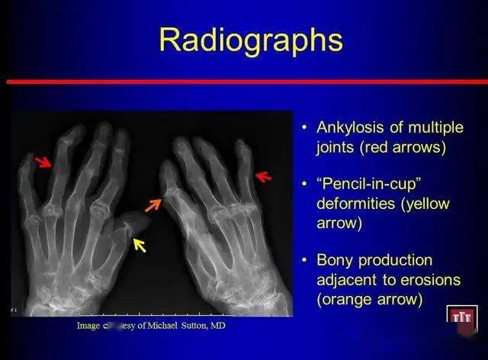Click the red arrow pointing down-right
pos(45,162)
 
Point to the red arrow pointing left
pos(263,177)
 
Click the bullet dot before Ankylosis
pos(304,127)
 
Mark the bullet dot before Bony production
pos(304,261)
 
